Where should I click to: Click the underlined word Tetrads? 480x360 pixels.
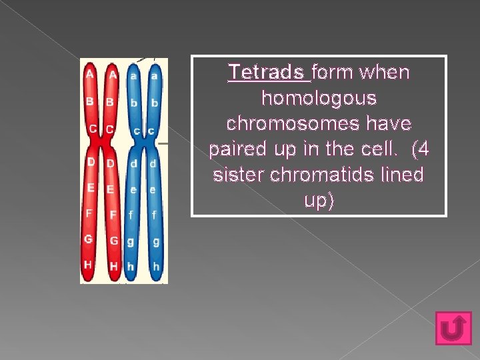click(269, 72)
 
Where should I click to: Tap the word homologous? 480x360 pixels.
click(319, 98)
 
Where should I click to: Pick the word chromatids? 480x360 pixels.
click(321, 175)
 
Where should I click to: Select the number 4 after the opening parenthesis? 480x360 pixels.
click(423, 149)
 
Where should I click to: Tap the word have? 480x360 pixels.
click(391, 124)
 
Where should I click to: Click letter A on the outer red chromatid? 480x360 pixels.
click(89, 75)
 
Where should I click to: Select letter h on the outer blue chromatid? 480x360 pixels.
click(155, 265)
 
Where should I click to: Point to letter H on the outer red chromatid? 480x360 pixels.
click(88, 264)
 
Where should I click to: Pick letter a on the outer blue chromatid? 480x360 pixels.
click(155, 76)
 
